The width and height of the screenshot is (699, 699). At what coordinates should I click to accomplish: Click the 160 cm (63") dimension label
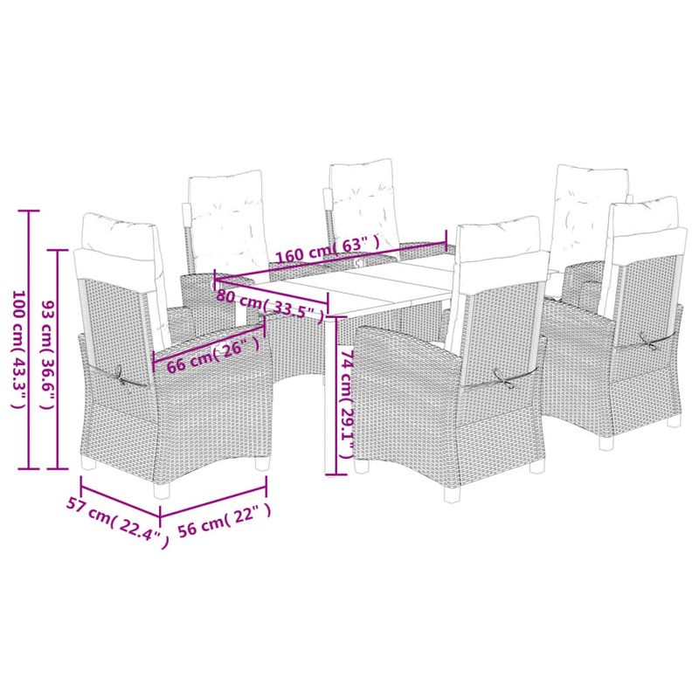click(x=328, y=250)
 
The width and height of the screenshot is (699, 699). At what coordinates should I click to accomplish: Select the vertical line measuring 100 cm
click(x=29, y=341)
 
